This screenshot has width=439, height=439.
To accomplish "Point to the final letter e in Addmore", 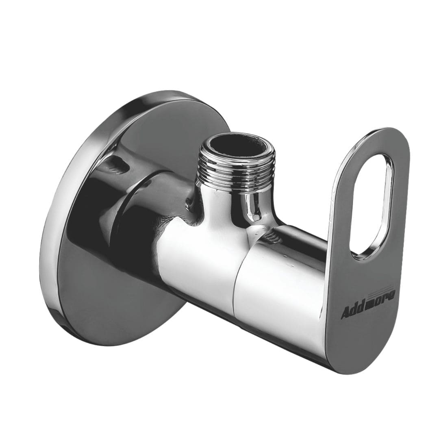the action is tap(391, 295).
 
